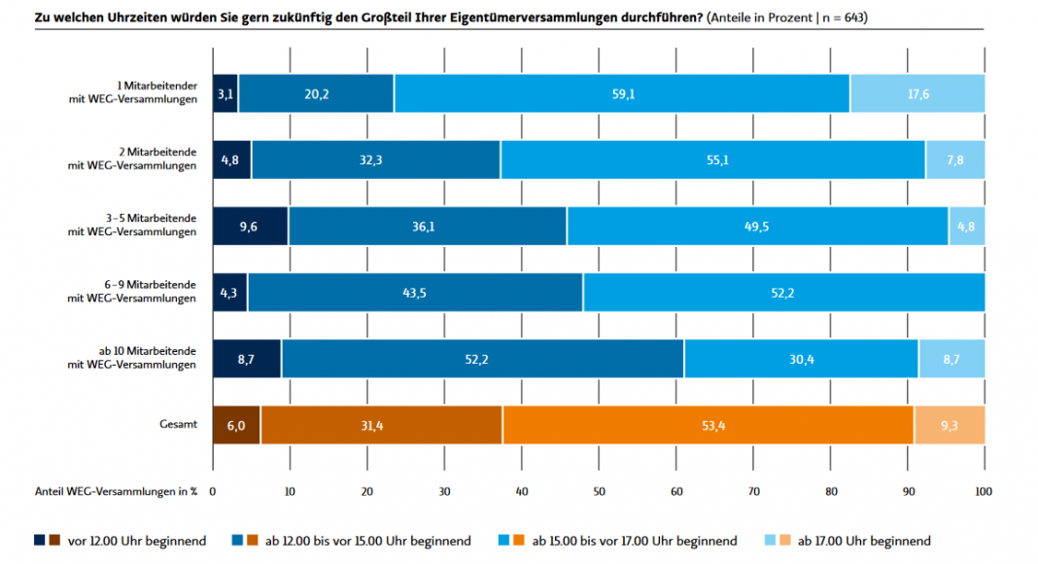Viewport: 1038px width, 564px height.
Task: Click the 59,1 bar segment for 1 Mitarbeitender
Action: coord(622,93)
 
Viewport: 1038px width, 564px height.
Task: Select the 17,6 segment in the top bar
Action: coord(917,93)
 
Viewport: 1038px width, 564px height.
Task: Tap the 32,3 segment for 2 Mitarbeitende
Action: coord(376,159)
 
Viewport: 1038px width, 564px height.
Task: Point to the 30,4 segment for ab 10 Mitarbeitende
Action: coord(801,359)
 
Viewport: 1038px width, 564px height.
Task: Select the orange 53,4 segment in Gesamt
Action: coord(709,425)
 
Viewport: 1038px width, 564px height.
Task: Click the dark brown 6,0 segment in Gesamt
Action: coord(236,425)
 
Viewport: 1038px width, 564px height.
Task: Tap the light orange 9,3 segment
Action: coord(949,425)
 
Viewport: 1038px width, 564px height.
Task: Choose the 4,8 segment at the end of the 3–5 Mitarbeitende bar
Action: coord(966,226)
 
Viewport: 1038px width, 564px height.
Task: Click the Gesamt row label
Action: coord(179,425)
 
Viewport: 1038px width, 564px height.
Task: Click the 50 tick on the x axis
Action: coord(599,492)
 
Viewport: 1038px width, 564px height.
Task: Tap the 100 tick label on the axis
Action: coord(983,492)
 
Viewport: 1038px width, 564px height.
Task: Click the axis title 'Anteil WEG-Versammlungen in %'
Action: coord(117,492)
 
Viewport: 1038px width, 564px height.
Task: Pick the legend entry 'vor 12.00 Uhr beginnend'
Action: coord(136,541)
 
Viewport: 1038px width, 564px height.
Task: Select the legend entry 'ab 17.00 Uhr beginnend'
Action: coord(864,541)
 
